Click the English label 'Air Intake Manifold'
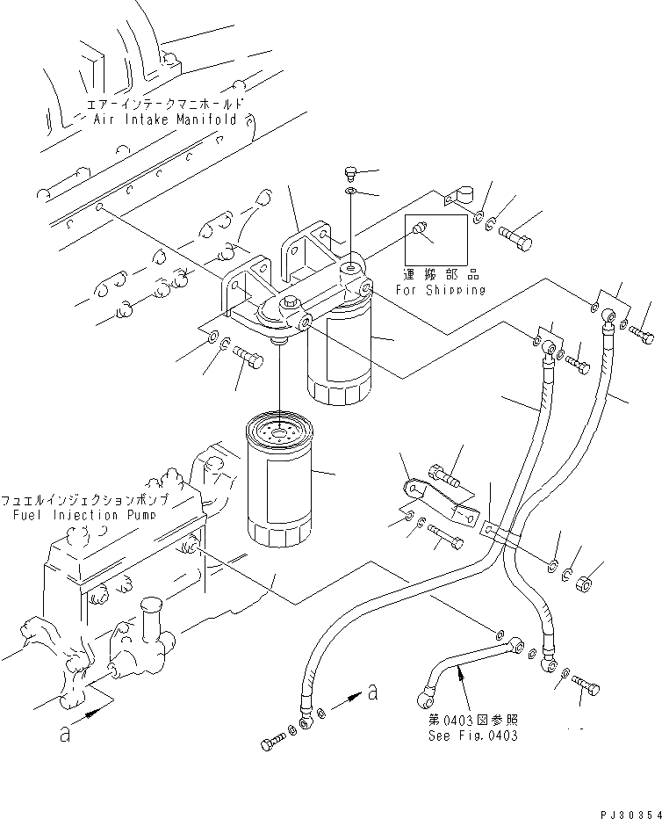click(x=165, y=120)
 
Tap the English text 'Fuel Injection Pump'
click(x=84, y=514)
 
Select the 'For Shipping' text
click(x=440, y=289)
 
